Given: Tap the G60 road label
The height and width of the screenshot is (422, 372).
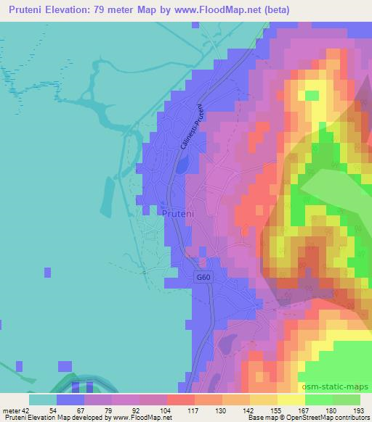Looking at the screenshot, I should pos(204,277).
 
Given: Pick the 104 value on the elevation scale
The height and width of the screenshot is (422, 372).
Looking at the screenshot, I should pos(166,410).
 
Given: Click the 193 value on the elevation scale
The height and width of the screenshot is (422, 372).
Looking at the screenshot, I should pos(357,410).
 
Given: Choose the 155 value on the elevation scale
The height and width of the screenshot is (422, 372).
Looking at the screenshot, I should pos(276,410).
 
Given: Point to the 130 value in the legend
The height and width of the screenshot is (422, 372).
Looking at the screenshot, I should pos(222,410).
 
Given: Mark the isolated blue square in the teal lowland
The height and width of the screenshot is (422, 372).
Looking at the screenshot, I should pos(47,273).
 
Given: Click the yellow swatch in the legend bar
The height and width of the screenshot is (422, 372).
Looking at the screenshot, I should pos(290,400).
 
